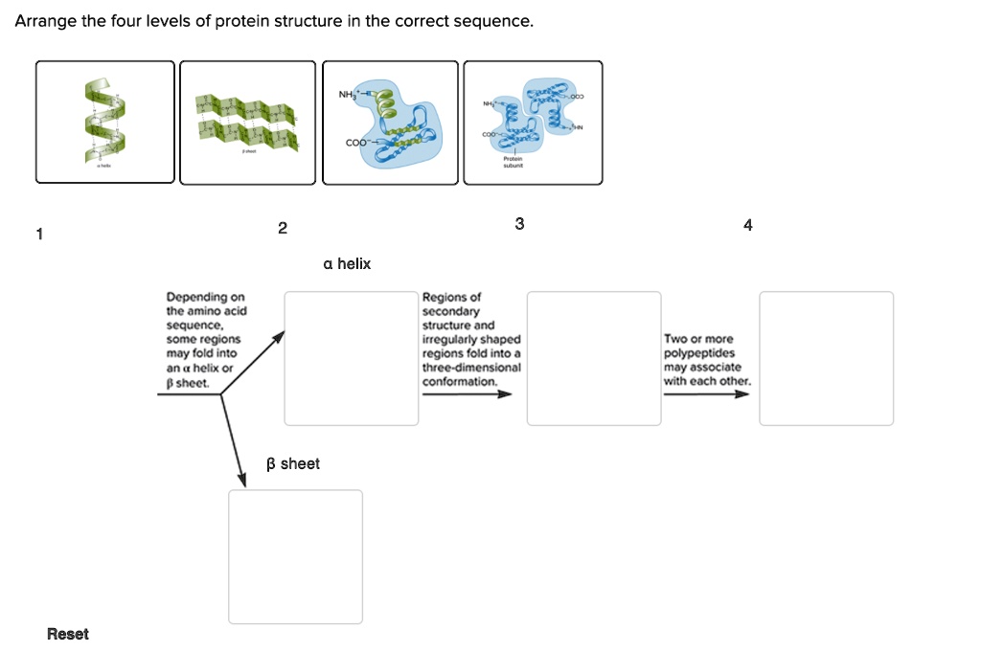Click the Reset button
[67, 634]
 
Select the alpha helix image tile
[105, 122]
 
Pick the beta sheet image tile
[247, 122]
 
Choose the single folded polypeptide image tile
[390, 122]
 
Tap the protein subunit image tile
[533, 122]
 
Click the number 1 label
[39, 233]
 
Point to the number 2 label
[282, 228]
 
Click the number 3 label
[519, 224]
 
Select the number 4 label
[748, 225]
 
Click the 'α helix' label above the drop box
[347, 263]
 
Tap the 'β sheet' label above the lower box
[293, 463]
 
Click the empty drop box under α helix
[351, 358]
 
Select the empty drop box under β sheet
[295, 556]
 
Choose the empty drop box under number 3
[594, 358]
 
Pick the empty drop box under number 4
[826, 358]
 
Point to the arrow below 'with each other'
[706, 393]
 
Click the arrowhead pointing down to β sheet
[241, 478]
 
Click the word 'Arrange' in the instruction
[45, 20]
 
